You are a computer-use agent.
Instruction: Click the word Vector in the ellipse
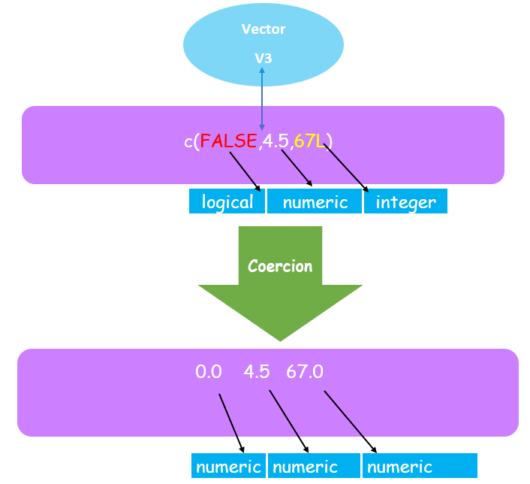[x=263, y=29]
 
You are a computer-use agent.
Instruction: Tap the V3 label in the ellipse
[x=262, y=57]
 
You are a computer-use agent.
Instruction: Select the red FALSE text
[x=228, y=141]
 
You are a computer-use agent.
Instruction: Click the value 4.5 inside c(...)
[x=275, y=141]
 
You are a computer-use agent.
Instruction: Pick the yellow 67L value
[x=310, y=141]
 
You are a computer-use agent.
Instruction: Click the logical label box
[x=227, y=202]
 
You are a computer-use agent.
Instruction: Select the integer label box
[x=405, y=202]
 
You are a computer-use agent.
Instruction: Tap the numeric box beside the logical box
[x=315, y=202]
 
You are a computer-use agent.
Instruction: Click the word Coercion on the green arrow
[x=280, y=266]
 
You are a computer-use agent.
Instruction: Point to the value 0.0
[x=209, y=372]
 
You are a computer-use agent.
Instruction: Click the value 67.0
[x=304, y=372]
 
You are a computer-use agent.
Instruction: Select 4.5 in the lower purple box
[x=257, y=372]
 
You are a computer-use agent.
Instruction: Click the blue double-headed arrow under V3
[x=262, y=98]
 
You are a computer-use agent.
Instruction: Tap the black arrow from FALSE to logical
[x=245, y=171]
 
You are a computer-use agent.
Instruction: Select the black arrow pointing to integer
[x=348, y=169]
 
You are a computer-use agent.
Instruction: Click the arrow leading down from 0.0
[x=232, y=422]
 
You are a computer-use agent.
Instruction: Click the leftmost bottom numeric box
[x=228, y=467]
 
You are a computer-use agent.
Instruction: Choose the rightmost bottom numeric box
[x=420, y=467]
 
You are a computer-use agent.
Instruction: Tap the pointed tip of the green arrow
[x=280, y=339]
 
